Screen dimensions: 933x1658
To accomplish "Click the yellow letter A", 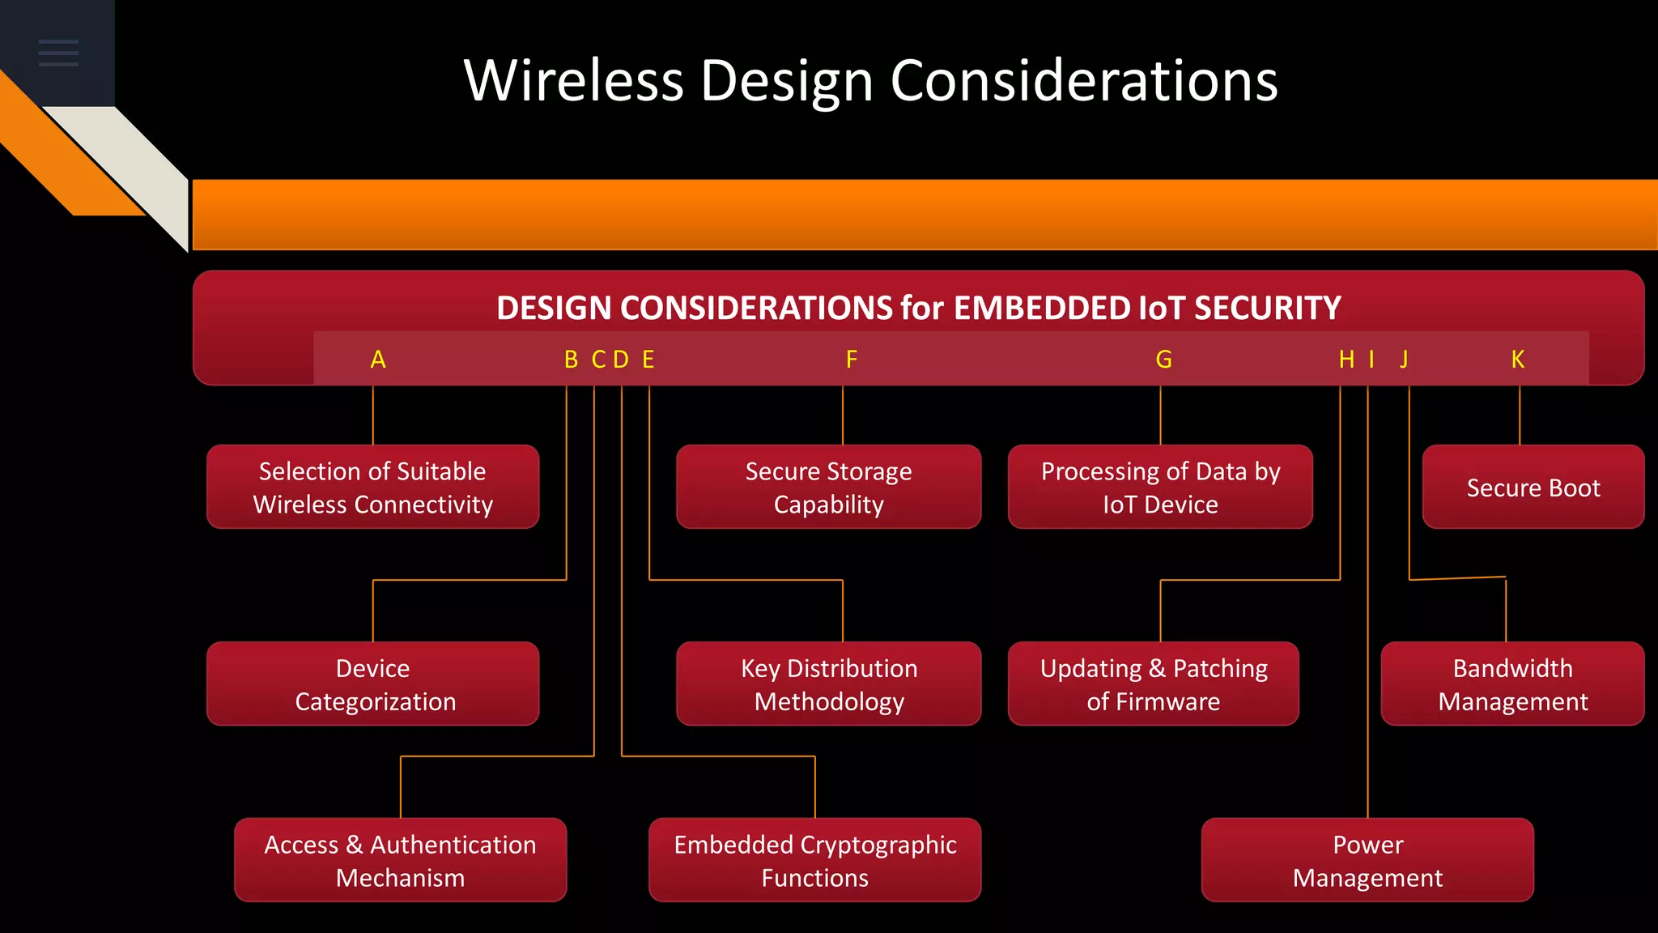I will [378, 360].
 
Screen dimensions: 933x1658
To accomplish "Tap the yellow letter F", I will [852, 360].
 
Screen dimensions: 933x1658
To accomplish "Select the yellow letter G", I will [1163, 360].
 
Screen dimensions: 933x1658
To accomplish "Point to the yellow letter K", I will [1518, 360].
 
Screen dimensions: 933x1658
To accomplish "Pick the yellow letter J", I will [1405, 360].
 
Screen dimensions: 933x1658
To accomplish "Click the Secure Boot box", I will [1533, 488].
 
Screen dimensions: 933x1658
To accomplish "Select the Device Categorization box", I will [373, 684].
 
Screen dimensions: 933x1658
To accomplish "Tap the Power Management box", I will [1367, 860].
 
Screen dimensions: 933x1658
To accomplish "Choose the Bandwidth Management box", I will [1512, 684].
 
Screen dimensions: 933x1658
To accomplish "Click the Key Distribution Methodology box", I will [829, 684].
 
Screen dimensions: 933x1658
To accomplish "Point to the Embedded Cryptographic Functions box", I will [814, 860].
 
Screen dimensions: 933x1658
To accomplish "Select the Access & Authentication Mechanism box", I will [400, 860].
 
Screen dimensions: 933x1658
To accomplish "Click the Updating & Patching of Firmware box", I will [1153, 684].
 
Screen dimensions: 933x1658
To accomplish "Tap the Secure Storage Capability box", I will [828, 488].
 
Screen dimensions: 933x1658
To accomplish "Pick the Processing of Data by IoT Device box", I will [1160, 488].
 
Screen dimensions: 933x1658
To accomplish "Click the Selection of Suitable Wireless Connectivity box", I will [373, 488].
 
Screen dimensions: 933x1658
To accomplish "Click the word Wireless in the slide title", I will [574, 81].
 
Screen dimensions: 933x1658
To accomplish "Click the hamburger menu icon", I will [58, 53].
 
